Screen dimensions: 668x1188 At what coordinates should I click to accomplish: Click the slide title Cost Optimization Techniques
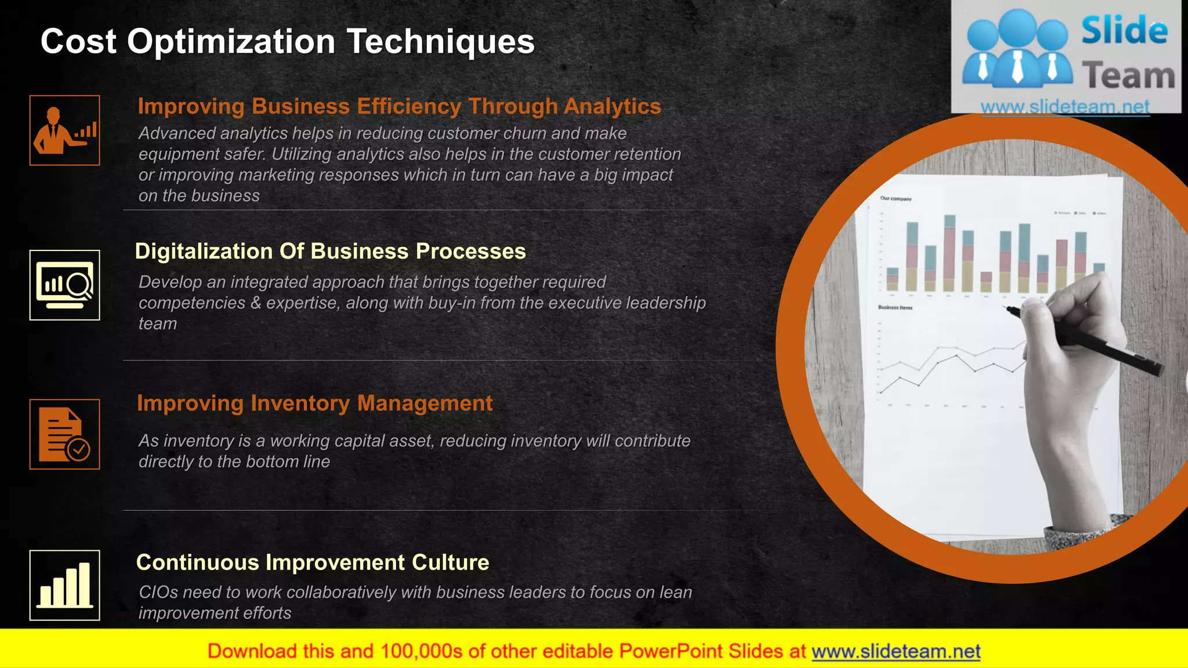(x=287, y=42)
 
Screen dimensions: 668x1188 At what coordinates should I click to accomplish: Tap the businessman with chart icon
(x=64, y=130)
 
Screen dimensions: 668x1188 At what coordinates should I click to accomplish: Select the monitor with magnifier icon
(x=64, y=285)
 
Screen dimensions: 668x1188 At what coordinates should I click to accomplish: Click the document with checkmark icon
(x=64, y=434)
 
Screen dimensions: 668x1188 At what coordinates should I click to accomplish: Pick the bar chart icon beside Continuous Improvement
(x=64, y=585)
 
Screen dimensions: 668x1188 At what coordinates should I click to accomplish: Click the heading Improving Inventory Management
(x=314, y=403)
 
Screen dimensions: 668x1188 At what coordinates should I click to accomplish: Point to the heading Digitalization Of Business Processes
(x=330, y=251)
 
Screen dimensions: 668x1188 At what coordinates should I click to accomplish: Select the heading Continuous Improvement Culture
(x=312, y=562)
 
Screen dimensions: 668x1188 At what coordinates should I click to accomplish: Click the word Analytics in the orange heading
(x=612, y=106)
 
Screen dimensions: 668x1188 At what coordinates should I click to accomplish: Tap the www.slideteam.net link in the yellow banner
(x=896, y=651)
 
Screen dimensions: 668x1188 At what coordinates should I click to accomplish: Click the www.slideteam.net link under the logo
(x=1065, y=107)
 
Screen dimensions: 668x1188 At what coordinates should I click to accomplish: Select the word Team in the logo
(x=1128, y=76)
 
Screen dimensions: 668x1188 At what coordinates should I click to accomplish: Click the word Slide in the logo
(x=1124, y=31)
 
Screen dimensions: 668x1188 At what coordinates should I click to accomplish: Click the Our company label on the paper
(x=896, y=198)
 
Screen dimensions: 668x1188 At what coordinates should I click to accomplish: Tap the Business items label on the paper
(x=895, y=307)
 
